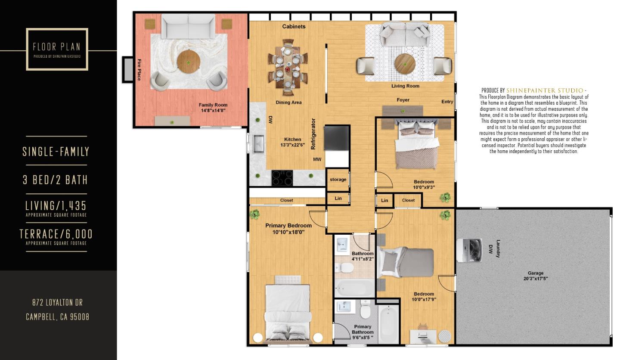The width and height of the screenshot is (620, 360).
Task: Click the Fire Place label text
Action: click(139, 69)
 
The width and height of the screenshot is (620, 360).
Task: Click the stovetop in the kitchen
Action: click(282, 177)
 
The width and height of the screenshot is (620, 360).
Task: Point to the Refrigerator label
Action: click(313, 134)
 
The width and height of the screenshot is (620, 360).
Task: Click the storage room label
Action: click(338, 180)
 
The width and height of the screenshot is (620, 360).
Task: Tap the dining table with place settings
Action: click(287, 67)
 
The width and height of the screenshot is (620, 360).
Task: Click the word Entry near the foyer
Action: click(447, 102)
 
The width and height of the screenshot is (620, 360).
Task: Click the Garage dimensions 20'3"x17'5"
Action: click(536, 279)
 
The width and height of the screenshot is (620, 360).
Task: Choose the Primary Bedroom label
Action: click(288, 226)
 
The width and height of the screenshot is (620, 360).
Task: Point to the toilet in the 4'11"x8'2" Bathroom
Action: click(346, 268)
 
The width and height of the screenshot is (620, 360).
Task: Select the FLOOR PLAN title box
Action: click(57, 49)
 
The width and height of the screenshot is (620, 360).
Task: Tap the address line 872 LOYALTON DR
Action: click(58, 302)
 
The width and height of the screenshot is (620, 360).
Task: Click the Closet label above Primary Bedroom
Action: click(286, 200)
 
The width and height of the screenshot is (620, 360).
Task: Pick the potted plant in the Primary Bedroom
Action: click(255, 214)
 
